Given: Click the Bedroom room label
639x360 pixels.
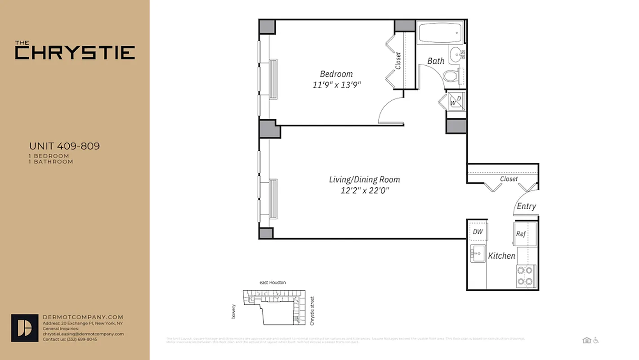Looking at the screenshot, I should [336, 74].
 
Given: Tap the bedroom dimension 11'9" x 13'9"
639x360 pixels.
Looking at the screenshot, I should [337, 85].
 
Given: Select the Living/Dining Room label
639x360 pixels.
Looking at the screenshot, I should [364, 180].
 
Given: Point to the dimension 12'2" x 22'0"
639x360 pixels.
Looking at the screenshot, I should [364, 190].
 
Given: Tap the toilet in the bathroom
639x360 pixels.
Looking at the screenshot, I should [451, 76].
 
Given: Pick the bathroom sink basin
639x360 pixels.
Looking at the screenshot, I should [457, 54].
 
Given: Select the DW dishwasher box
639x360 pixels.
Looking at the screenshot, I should [478, 231].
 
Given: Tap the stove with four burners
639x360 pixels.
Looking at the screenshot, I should [526, 276].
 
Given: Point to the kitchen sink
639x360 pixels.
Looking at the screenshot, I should [477, 253].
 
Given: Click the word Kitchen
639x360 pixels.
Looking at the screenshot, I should [502, 256].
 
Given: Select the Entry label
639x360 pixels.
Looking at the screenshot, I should [526, 206].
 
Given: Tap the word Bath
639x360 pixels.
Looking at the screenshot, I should [435, 61].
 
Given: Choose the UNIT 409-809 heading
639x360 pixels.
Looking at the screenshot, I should [64, 146].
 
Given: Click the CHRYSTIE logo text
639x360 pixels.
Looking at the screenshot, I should [75, 52].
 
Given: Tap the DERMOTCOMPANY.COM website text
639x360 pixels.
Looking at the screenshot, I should [82, 317].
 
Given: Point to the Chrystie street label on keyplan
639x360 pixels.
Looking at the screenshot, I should [313, 310].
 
